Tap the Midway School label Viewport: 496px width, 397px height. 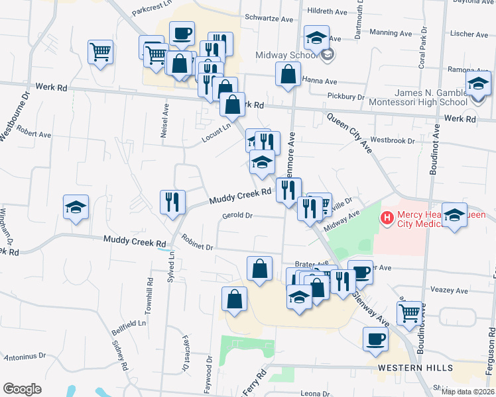(288, 55)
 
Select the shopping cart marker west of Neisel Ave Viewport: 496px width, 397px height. (100, 52)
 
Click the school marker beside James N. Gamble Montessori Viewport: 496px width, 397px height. (477, 84)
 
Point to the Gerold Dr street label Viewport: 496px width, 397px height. (238, 215)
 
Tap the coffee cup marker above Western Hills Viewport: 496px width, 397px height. (376, 338)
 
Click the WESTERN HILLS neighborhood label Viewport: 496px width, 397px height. (415, 368)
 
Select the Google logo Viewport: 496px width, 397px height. (22, 388)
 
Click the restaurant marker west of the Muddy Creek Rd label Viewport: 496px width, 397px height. (172, 202)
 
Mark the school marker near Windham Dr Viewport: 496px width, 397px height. (76, 208)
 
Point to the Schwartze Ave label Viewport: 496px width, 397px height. (269, 19)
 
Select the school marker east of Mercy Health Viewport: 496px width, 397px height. (455, 216)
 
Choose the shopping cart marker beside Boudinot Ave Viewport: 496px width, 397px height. (410, 310)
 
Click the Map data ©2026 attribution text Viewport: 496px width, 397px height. (468, 392)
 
